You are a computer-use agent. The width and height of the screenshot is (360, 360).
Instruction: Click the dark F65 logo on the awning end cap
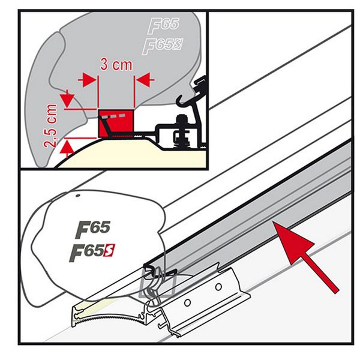pyautogui.click(x=91, y=229)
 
